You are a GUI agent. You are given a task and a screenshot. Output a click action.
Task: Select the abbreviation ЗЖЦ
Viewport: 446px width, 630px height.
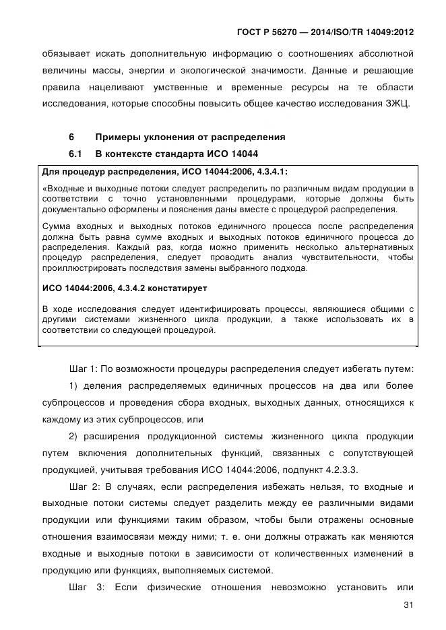(400, 105)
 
